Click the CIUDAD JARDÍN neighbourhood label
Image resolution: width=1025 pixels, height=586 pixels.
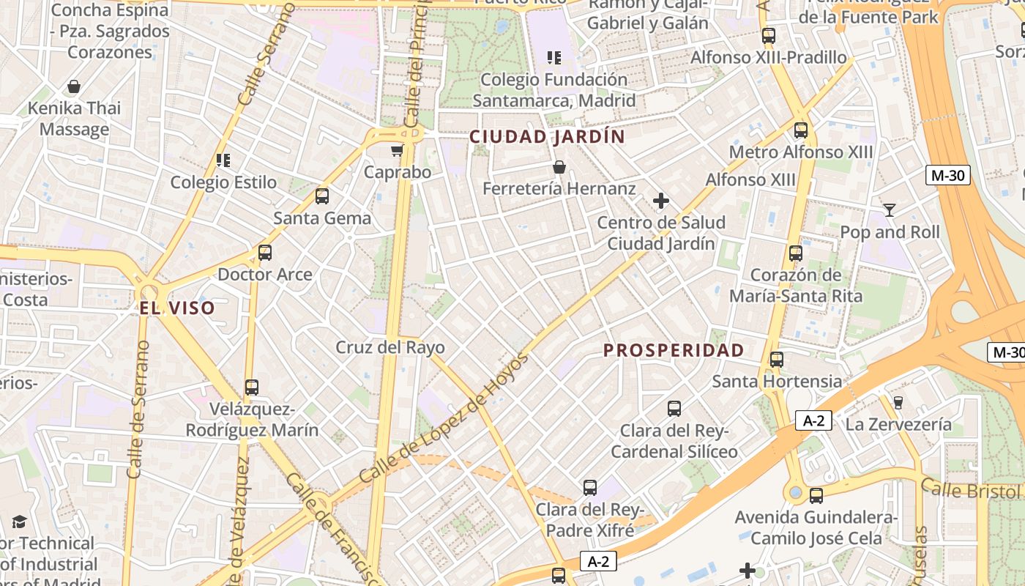coord(547,137)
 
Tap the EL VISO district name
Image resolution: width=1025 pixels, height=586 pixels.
coord(177,308)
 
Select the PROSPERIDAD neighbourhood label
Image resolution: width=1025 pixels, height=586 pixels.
coord(673,350)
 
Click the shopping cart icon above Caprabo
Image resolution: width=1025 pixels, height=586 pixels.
coord(397,151)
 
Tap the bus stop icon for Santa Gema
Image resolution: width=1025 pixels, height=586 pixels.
coord(321,196)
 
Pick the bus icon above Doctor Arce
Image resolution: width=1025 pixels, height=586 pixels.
coord(264,253)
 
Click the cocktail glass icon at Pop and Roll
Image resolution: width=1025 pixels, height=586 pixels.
coord(889,210)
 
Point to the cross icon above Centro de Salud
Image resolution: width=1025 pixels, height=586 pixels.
coord(660,201)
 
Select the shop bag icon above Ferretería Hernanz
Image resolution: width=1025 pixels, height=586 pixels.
coord(559,168)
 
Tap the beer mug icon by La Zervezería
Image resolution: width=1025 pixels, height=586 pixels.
coord(898,402)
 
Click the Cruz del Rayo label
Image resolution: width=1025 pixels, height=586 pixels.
coord(389,347)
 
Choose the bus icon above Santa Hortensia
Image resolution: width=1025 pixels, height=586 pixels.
coord(776,360)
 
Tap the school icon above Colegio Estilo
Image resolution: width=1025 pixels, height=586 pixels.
coord(223,160)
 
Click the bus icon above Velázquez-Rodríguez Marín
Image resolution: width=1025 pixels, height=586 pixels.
coord(251,387)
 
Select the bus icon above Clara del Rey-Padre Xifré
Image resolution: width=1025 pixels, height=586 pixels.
coord(589,487)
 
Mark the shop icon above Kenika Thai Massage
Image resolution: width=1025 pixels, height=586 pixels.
coord(73,86)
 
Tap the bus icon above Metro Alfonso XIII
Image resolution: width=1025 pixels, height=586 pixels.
coord(800,130)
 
